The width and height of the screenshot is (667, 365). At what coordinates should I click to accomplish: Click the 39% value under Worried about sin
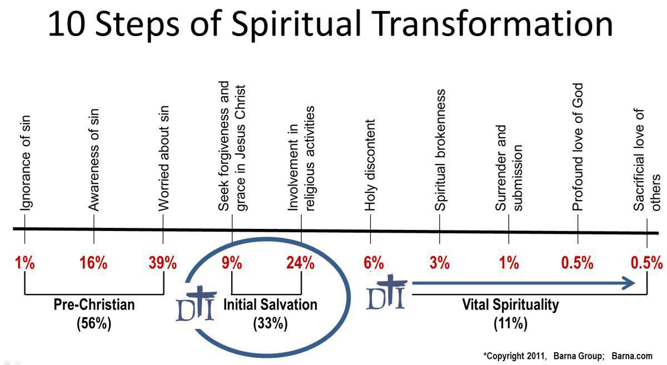pyautogui.click(x=162, y=263)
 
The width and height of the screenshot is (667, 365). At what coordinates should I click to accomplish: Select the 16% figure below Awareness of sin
pyautogui.click(x=93, y=263)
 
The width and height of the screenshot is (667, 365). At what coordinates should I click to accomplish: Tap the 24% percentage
pyautogui.click(x=301, y=263)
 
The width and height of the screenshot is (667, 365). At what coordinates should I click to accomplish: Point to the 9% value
pyautogui.click(x=232, y=263)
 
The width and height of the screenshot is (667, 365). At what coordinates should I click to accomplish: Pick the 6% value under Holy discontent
pyautogui.click(x=374, y=263)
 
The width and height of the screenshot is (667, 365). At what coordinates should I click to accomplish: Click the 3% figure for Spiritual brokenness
pyautogui.click(x=439, y=263)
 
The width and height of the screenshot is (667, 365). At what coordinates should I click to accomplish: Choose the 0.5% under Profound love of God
pyautogui.click(x=578, y=263)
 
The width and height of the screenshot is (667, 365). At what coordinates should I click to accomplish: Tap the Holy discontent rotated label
pyautogui.click(x=371, y=165)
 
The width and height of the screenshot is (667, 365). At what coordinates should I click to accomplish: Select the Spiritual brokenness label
pyautogui.click(x=440, y=150)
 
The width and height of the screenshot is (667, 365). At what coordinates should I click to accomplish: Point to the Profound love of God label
pyautogui.click(x=578, y=147)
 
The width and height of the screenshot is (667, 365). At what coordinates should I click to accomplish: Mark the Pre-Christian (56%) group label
pyautogui.click(x=94, y=314)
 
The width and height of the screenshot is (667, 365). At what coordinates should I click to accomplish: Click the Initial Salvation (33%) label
pyautogui.click(x=270, y=314)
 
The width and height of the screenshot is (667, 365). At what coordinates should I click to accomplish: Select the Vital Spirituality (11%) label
pyautogui.click(x=510, y=314)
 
